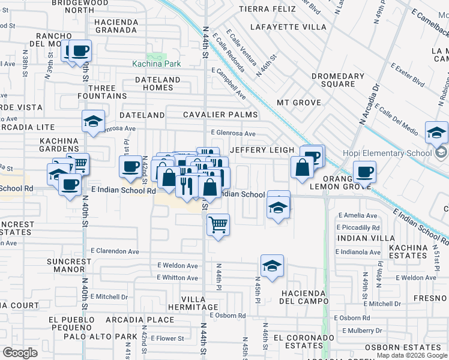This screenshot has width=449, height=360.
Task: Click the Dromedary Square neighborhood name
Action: coord(338,80)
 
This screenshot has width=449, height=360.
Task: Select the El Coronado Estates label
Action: coord(303,341)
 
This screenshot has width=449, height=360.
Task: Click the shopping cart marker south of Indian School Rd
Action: coord(218,225)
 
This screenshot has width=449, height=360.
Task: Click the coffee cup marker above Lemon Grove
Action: coord(364,173)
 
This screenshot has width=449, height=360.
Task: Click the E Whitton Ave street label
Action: coord(177,277)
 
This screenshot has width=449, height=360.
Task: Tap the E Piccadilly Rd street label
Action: coord(358,227)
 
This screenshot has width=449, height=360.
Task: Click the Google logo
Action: coord(20,353)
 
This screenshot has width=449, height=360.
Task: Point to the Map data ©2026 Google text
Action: coord(412,355)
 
